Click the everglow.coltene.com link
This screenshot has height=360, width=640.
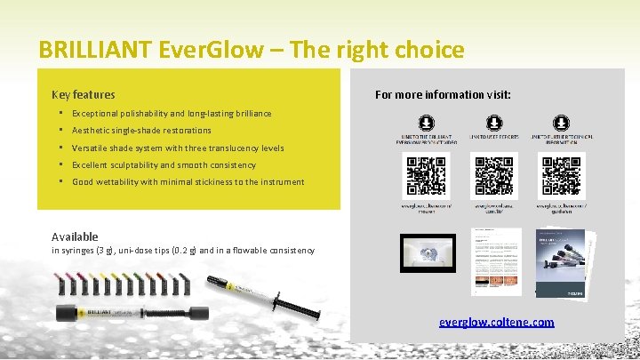[x=496, y=322]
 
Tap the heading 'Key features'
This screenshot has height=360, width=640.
[x=83, y=94]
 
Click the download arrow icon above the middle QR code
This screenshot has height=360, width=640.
[x=493, y=123]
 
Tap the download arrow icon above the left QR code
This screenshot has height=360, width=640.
[x=426, y=123]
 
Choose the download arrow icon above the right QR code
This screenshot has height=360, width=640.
[x=561, y=123]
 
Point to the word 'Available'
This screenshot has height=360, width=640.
[x=75, y=236]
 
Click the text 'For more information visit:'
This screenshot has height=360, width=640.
[x=443, y=94]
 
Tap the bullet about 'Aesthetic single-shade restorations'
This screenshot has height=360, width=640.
[x=141, y=131]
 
